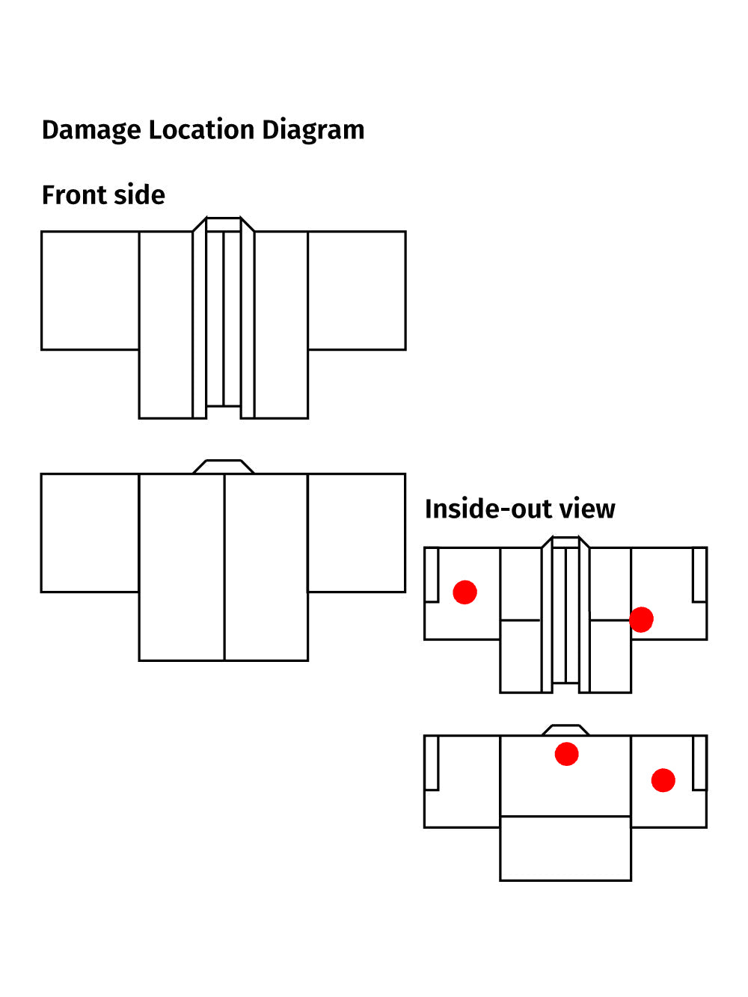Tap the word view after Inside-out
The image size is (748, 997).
coord(587,509)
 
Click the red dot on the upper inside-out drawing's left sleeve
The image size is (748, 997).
coord(465,592)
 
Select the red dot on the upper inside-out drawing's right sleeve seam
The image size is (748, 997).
coord(641,619)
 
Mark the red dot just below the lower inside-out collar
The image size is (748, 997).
coord(566,754)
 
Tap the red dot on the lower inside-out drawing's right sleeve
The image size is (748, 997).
coord(663,780)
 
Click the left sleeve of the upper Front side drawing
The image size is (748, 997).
coord(90,290)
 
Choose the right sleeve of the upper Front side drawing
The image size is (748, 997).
coord(357,290)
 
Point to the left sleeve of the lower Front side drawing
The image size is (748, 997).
coord(90,533)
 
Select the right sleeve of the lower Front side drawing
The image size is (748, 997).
coord(357,533)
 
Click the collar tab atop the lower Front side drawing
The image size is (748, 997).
coord(224,467)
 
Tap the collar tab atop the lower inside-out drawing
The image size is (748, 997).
coord(565,730)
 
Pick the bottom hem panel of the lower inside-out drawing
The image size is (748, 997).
coord(565,848)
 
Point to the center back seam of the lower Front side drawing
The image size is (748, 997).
coord(224,567)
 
